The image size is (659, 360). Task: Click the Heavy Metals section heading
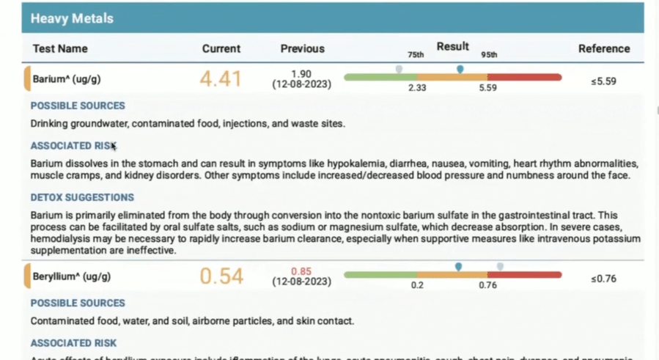coord(72,18)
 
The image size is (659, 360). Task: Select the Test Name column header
coord(60,49)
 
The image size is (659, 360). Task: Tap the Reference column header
coord(603,49)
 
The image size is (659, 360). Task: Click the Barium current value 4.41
coord(221,79)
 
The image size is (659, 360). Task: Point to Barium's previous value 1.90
coord(302,74)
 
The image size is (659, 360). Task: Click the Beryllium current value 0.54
coord(221,276)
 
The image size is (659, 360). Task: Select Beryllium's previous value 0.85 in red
coord(302,271)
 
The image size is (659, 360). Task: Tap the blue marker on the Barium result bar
coord(460,69)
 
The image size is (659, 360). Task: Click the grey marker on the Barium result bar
coord(399,69)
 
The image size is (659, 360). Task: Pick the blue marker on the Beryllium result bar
coord(458,267)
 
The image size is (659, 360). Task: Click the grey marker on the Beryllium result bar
coord(500,267)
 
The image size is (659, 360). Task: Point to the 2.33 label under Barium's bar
coord(418,88)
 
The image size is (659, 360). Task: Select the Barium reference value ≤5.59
coord(603,81)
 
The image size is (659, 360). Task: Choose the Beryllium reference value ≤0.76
coord(603,279)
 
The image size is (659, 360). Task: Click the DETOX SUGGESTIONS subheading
coord(82,197)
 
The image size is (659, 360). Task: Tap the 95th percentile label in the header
coord(489,55)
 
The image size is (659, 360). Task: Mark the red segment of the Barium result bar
coord(524,77)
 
